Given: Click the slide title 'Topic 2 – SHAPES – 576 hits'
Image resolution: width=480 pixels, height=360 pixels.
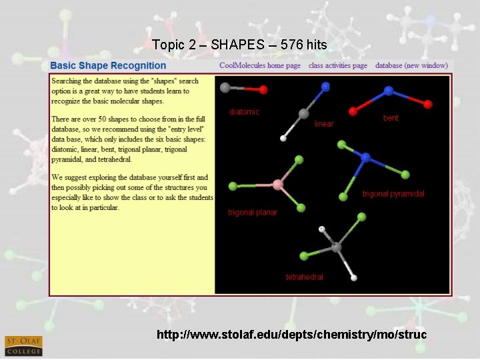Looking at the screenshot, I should click(239, 45).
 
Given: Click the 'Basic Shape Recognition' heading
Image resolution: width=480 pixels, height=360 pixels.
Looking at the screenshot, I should click(108, 65).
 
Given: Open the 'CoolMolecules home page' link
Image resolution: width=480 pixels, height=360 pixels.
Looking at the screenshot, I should click(260, 65).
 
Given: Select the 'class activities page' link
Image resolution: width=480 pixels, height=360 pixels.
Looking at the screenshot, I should click(338, 65).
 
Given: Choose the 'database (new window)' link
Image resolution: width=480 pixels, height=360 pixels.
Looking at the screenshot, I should click(411, 65).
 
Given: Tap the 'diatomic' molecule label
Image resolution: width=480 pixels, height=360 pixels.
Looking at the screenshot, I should click(244, 112).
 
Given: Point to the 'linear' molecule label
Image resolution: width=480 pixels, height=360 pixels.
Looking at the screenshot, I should click(324, 124).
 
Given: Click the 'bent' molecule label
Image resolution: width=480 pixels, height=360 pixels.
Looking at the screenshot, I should click(391, 118).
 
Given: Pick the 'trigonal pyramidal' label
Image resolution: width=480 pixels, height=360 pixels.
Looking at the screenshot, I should click(393, 194).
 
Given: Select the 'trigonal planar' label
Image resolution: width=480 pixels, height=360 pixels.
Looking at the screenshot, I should click(253, 213).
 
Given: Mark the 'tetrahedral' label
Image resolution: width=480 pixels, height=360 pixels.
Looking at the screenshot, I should click(305, 277).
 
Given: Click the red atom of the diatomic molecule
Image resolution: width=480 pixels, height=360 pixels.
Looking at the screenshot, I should click(263, 89).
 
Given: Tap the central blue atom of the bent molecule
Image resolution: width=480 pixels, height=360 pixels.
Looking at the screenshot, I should click(389, 91).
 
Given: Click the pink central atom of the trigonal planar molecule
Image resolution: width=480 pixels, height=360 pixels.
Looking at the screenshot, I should click(277, 184).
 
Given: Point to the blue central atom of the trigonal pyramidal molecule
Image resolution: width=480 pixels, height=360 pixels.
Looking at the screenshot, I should click(365, 158).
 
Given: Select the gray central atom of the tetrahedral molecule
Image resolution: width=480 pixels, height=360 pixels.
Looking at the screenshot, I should click(337, 247).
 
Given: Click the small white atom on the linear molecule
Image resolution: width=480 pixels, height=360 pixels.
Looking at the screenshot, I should click(283, 139).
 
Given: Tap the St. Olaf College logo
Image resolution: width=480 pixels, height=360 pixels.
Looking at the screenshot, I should click(23, 345).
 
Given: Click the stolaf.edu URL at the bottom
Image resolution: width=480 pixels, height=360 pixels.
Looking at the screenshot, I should click(291, 334).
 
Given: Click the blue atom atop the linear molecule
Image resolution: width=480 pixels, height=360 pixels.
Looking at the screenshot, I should click(325, 86).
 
